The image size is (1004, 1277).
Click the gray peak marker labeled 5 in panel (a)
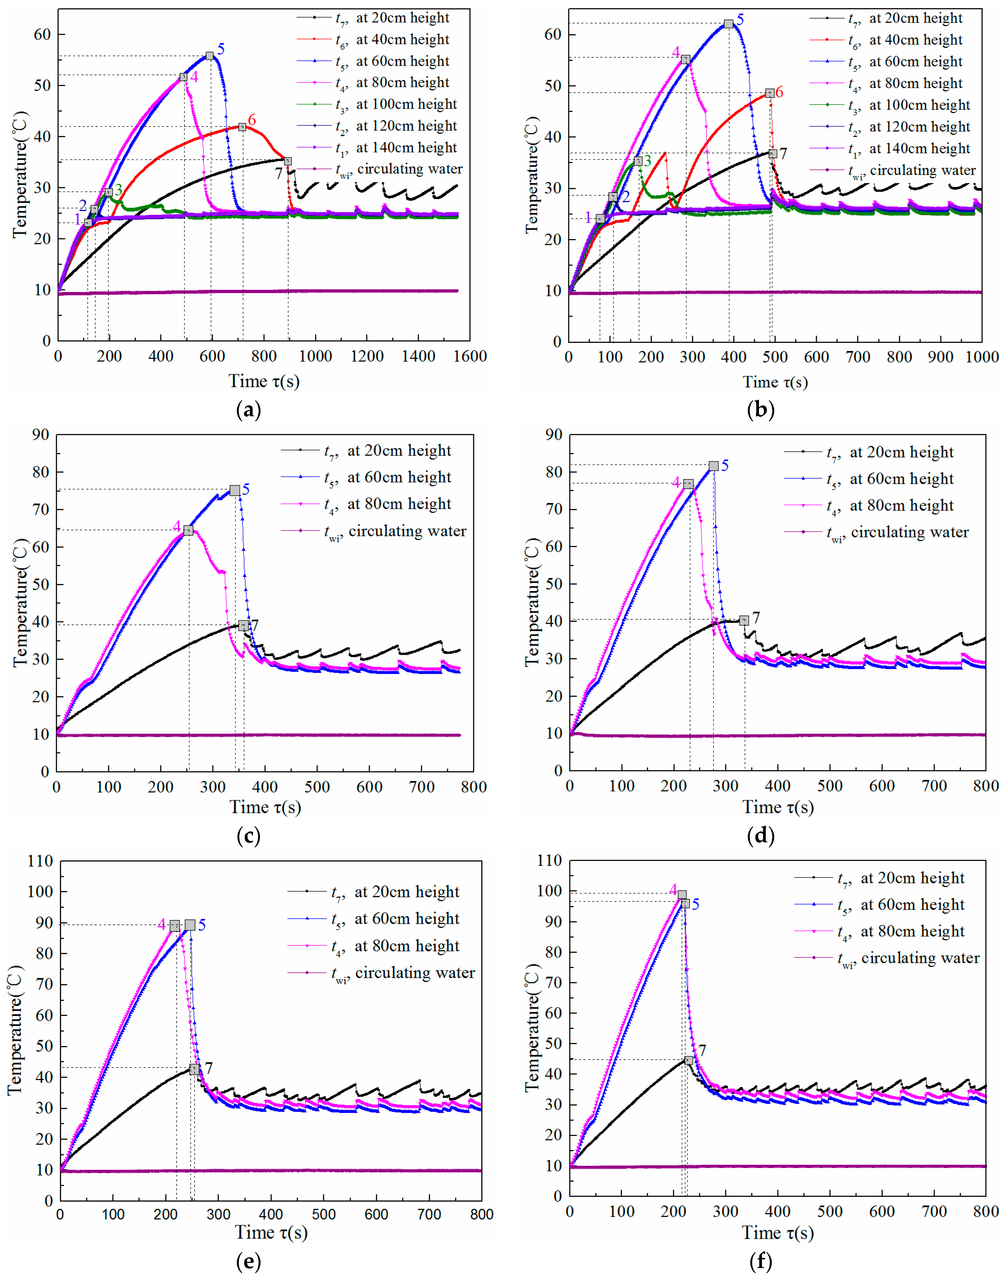pyautogui.click(x=210, y=56)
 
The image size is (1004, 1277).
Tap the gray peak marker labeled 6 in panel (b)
pyautogui.click(x=770, y=93)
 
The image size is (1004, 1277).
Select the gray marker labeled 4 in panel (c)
pyautogui.click(x=188, y=530)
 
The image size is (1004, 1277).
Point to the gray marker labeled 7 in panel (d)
pyautogui.click(x=744, y=620)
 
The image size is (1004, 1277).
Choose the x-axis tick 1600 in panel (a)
pyautogui.click(x=470, y=356)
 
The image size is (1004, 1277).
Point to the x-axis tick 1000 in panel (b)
pyautogui.click(x=982, y=357)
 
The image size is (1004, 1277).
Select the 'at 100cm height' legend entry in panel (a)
pyautogui.click(x=406, y=104)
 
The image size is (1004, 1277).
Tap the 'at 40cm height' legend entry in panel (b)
pyautogui.click(x=915, y=40)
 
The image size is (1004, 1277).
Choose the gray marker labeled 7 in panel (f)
pyautogui.click(x=688, y=1060)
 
